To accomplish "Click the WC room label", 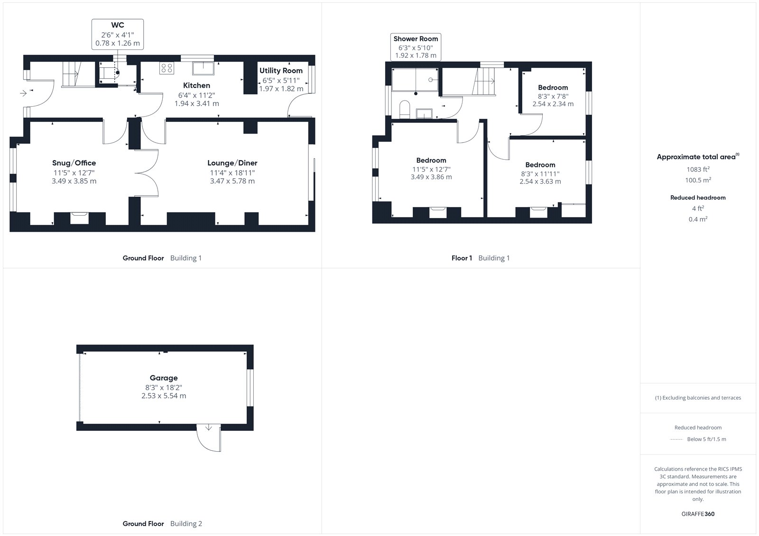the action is coord(118,25).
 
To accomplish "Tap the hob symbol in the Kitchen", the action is coord(167,68).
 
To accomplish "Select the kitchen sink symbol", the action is coord(204,68).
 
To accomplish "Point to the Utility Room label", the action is coord(281,71).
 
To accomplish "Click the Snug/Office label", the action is coord(74,163).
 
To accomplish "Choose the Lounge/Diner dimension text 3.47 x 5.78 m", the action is coord(232,181).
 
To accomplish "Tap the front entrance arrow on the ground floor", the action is coord(23,93).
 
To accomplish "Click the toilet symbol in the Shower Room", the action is coord(405,109).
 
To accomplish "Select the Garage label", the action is coord(164,378).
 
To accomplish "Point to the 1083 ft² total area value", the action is coord(698,169).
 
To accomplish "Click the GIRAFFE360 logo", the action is coord(698,514).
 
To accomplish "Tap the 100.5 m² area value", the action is coord(698,180).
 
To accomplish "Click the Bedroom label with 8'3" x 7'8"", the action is coord(553,88).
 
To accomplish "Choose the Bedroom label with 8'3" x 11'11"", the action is coord(540,165).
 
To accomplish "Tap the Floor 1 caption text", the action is coord(462,258).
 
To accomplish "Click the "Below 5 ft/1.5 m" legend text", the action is coord(706,439).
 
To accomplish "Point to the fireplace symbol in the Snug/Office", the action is coord(80,218).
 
